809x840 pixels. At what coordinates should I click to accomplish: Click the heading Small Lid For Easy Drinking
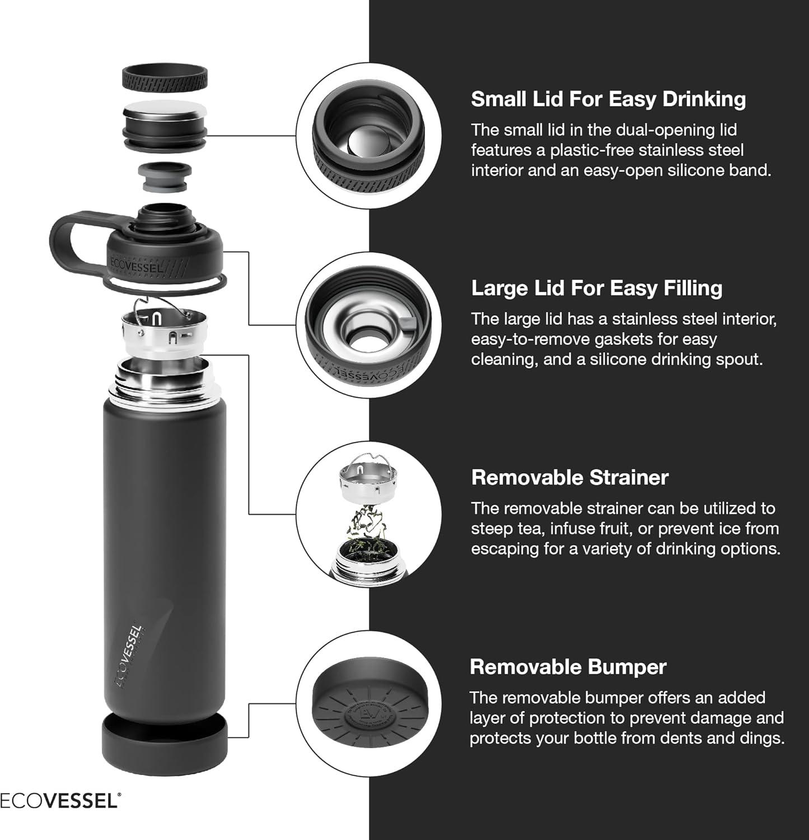[x=608, y=99]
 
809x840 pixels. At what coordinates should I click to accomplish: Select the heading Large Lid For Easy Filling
[x=596, y=288]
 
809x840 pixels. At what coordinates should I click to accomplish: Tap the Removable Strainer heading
[x=569, y=478]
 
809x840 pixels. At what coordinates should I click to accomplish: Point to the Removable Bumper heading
[x=568, y=667]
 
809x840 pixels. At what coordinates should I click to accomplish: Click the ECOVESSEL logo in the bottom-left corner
[x=59, y=801]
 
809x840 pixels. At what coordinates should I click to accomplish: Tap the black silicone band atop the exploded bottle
[x=165, y=77]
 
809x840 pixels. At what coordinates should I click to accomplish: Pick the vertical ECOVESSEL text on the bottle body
[x=129, y=655]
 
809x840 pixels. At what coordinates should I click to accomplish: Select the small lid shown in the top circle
[x=368, y=138]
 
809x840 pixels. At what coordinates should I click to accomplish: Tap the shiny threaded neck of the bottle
[x=165, y=381]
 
